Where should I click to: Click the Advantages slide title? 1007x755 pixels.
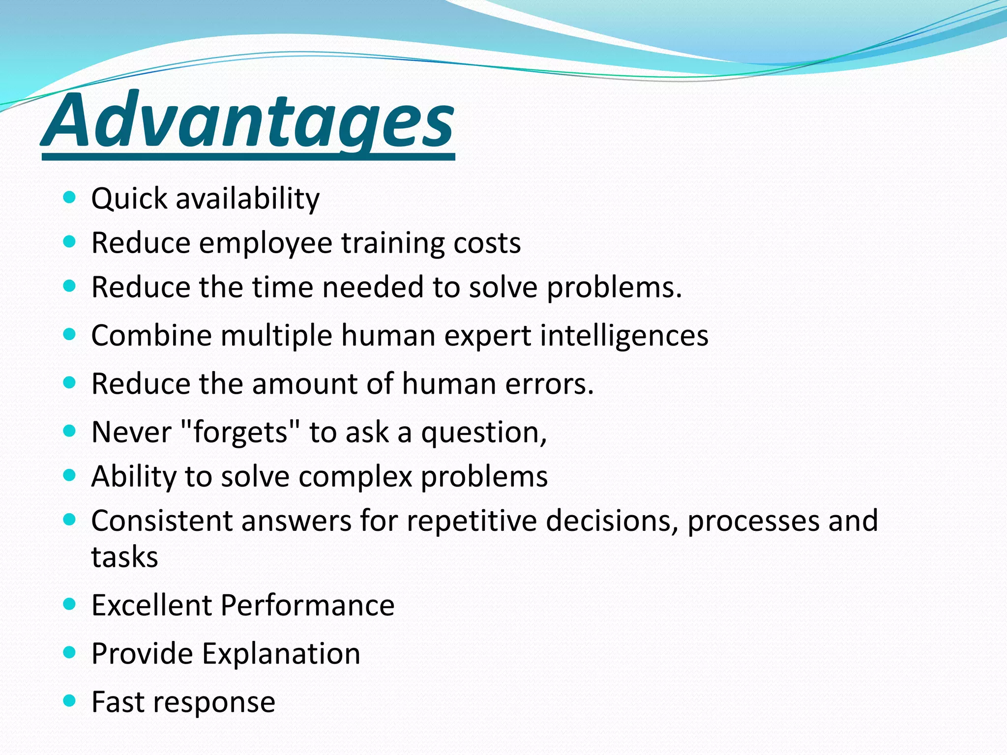tap(248, 120)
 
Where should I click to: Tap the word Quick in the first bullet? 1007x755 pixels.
tap(129, 199)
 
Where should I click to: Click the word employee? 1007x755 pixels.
tap(266, 244)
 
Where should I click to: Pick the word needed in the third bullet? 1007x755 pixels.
tap(373, 287)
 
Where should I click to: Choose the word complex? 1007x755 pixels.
tap(355, 477)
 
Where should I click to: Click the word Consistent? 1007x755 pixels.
tap(162, 521)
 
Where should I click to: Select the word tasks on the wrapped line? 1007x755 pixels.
tap(125, 557)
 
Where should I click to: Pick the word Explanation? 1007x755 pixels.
tap(281, 654)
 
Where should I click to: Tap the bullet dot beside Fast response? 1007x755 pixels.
tap(70, 700)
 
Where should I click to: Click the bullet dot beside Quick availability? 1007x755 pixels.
tap(70, 198)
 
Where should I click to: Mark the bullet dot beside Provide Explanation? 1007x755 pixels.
tap(70, 652)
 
